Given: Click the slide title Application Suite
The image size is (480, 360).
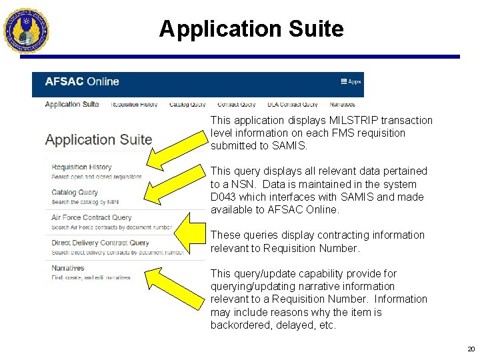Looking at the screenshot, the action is click(x=251, y=29).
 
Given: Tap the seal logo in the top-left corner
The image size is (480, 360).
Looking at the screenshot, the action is click(x=26, y=30).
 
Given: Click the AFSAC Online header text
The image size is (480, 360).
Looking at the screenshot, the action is click(x=81, y=82).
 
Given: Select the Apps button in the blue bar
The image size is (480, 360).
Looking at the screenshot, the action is click(x=351, y=82).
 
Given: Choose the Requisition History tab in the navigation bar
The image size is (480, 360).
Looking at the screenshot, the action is click(x=134, y=105).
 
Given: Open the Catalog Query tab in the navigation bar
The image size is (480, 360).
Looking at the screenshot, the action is click(x=187, y=105).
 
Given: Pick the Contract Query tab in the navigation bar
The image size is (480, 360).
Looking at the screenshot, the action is click(x=236, y=105).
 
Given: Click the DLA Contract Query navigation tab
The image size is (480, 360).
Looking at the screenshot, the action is click(x=292, y=105).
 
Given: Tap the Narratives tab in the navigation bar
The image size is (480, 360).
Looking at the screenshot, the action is click(x=342, y=105).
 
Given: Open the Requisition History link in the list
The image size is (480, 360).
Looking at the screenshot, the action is click(x=81, y=167).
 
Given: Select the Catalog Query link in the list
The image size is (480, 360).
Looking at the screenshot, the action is click(x=75, y=193).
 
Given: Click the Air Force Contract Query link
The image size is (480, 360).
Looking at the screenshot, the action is click(x=91, y=217).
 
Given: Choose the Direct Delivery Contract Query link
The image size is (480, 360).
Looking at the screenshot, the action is click(x=100, y=243).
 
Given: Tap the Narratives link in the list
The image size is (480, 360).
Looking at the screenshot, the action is click(x=68, y=268).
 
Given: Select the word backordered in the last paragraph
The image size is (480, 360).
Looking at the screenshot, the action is click(x=239, y=325).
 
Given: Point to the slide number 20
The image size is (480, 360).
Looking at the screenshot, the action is click(x=471, y=349).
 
